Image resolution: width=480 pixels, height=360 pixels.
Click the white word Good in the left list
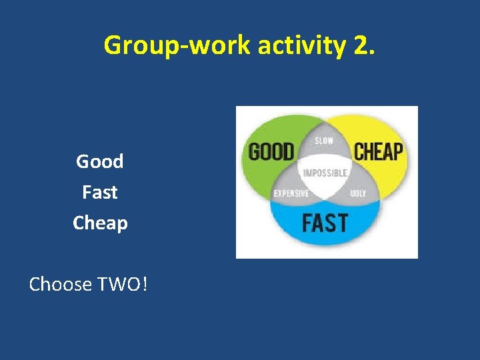coord(100,161)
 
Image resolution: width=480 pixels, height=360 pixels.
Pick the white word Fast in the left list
coord(100,192)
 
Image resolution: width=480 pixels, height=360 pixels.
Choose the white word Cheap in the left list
coord(100,223)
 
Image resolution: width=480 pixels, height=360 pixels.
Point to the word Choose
coord(61,285)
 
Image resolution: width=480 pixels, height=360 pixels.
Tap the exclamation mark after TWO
coord(145,285)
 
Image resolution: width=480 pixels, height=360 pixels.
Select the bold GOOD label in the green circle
coord(271,152)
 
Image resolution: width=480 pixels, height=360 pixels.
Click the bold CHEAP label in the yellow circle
coord(378,151)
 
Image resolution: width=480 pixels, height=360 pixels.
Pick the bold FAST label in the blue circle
coord(325,222)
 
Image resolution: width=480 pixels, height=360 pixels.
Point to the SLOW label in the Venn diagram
coord(324,141)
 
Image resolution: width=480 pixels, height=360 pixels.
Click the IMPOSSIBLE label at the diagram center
coord(325,173)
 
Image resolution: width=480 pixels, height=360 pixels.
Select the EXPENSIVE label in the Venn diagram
coord(291,194)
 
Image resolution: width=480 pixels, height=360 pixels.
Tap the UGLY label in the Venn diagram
coord(358,194)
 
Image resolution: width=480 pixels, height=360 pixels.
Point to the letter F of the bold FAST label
coord(307,222)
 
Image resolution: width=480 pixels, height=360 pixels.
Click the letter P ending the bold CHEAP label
coord(397,151)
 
